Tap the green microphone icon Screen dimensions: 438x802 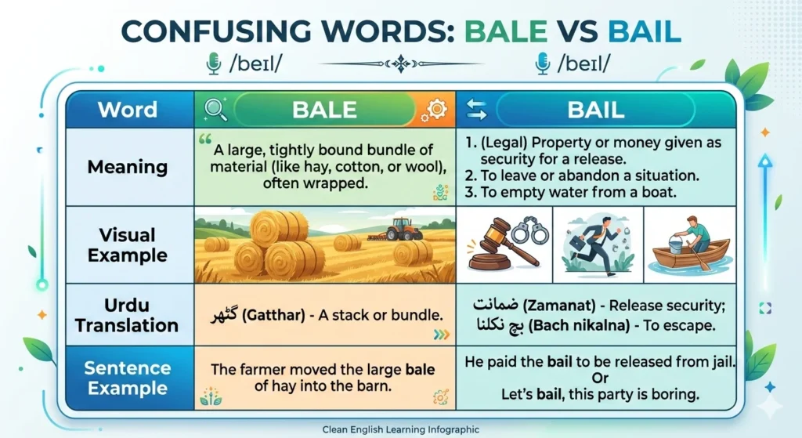(x=212, y=63)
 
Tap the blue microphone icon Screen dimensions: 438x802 (x=542, y=63)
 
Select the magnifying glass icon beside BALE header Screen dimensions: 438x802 (x=215, y=110)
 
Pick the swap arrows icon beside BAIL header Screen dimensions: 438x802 (x=476, y=110)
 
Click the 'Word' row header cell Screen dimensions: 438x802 (x=128, y=109)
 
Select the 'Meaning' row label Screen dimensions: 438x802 (x=128, y=167)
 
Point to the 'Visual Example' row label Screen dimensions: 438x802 (x=128, y=244)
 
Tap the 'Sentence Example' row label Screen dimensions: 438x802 (x=127, y=378)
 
